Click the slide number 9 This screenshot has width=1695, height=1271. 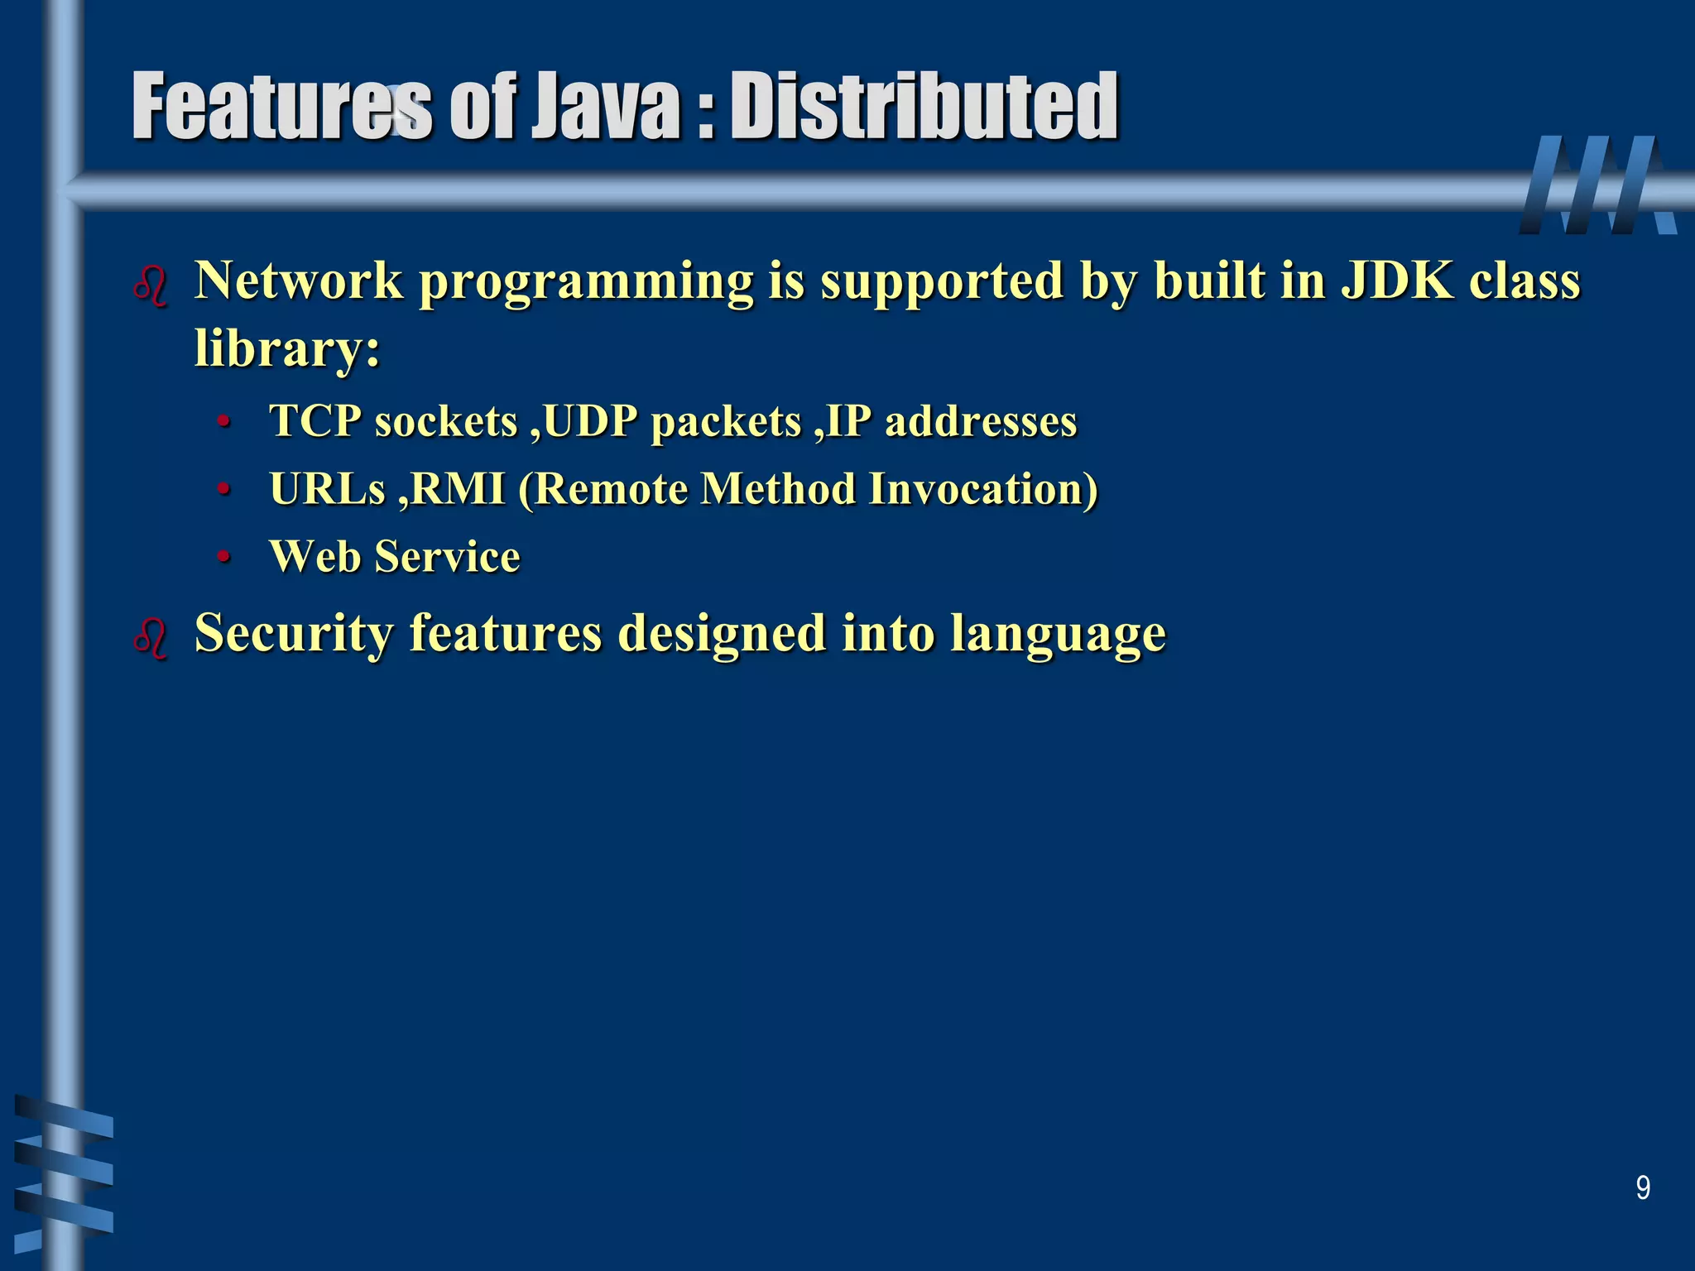click(1643, 1188)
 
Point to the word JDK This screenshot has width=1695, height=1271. click(1397, 281)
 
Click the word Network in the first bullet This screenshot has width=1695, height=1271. click(299, 281)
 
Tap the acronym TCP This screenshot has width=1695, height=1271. click(315, 421)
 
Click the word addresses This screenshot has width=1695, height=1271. click(981, 421)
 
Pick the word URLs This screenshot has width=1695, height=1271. click(328, 489)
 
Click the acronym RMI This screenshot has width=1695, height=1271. click(458, 489)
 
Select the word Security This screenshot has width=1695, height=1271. click(294, 634)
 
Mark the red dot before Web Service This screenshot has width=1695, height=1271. click(222, 558)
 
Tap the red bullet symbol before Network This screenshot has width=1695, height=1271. click(151, 286)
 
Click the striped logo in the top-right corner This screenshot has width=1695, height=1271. click(1597, 185)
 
